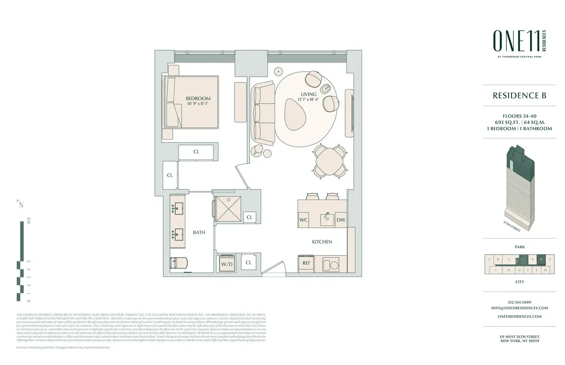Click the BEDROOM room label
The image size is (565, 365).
tap(198, 98)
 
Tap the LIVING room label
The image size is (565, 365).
tap(308, 94)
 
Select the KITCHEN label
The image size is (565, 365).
tap(322, 242)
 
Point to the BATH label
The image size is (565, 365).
tap(199, 232)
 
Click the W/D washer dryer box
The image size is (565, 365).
tap(227, 264)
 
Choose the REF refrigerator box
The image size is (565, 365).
tap(306, 263)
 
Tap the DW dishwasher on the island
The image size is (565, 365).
tap(341, 220)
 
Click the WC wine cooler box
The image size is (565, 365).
tap(304, 220)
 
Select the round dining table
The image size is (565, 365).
tap(330, 160)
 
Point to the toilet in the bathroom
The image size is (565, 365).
tap(178, 263)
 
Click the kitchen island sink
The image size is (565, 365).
tap(326, 218)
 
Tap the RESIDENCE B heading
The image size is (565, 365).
tap(519, 95)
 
